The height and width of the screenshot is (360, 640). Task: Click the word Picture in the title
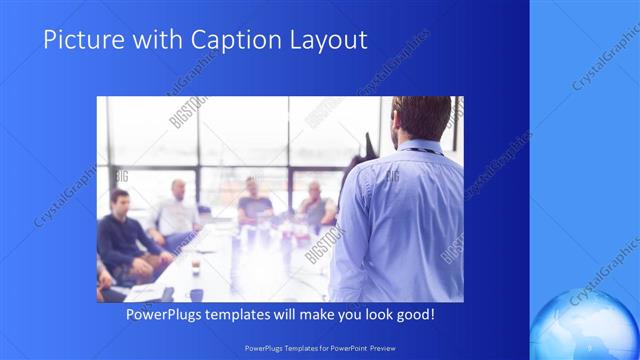(x=80, y=40)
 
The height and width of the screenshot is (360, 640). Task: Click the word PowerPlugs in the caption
(x=167, y=315)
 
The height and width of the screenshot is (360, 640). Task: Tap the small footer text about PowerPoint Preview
(x=319, y=347)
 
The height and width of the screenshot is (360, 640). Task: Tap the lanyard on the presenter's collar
(x=420, y=151)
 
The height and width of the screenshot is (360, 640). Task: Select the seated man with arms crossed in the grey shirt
(x=315, y=205)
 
